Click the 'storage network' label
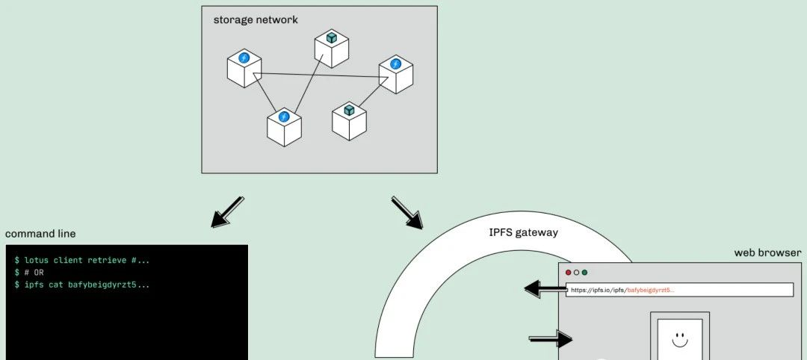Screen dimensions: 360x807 (x=256, y=20)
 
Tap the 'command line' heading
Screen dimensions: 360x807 (x=40, y=234)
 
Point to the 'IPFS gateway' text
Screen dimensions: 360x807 (x=523, y=232)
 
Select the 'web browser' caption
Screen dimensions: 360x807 (x=767, y=252)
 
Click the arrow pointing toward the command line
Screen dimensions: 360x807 (x=226, y=211)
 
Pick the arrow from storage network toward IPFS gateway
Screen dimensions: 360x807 (x=407, y=213)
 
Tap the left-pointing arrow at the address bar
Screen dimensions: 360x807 (x=545, y=288)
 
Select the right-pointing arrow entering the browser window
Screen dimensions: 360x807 (x=551, y=339)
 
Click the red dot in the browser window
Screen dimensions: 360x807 (x=568, y=273)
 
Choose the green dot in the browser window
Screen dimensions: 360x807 (x=584, y=273)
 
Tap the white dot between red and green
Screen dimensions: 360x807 (x=576, y=273)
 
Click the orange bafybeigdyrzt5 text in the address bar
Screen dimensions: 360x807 (x=650, y=290)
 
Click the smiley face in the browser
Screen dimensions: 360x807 (x=679, y=340)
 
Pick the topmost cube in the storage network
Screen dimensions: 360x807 (x=332, y=48)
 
